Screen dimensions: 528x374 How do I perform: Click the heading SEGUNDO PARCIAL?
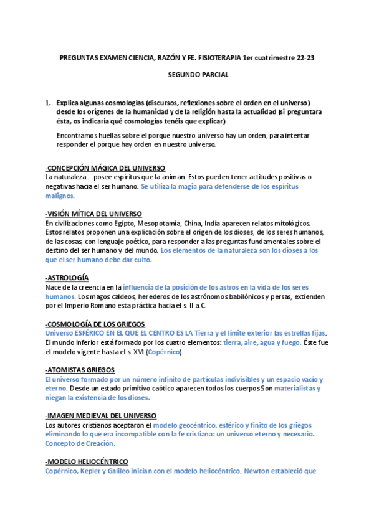click(189, 75)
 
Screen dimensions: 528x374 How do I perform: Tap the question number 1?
click(48, 103)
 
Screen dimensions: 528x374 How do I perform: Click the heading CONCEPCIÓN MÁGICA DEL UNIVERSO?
click(105, 168)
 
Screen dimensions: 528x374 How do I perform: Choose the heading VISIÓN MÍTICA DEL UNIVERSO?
click(94, 214)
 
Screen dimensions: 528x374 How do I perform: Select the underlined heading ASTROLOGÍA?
click(67, 277)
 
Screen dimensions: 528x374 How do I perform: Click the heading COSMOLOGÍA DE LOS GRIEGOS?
click(95, 324)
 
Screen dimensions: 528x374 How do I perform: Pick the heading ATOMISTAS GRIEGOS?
click(80, 370)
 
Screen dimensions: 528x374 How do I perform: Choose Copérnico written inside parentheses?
click(164, 352)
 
